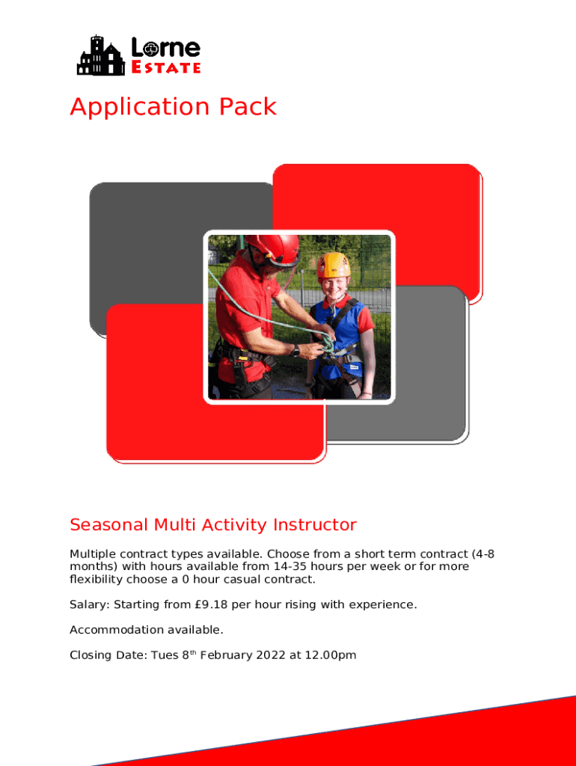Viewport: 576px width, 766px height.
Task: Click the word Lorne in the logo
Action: pos(166,48)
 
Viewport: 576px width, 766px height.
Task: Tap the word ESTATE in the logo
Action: pos(166,67)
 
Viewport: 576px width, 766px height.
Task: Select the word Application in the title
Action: pos(140,107)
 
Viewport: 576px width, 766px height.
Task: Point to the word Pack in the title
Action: pos(248,106)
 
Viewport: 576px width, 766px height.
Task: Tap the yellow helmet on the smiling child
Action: pos(334,265)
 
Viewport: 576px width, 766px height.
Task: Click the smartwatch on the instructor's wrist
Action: pos(295,350)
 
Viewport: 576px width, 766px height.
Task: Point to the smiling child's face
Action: pos(334,287)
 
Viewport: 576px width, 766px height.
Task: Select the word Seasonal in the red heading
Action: pos(108,524)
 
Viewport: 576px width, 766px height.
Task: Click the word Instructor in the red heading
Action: pos(315,524)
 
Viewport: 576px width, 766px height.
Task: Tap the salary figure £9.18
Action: pos(211,604)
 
